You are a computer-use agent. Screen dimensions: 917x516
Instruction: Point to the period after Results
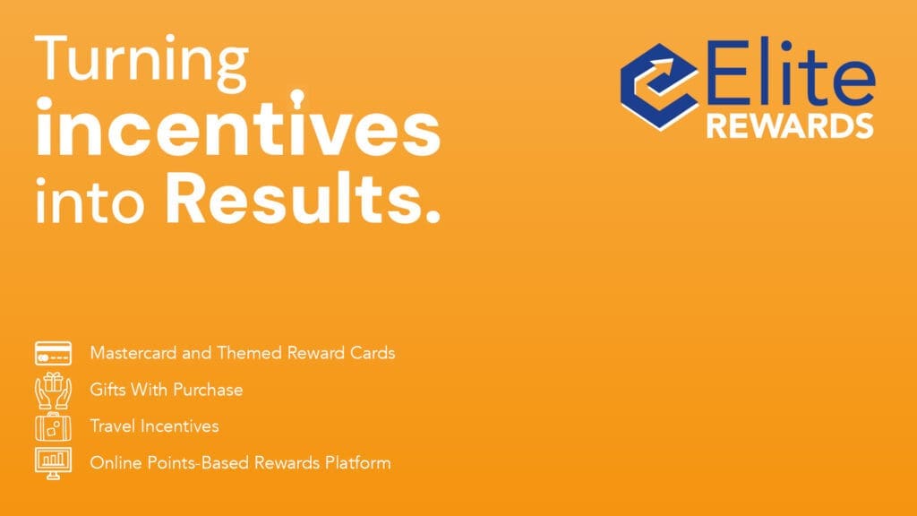pyautogui.click(x=433, y=217)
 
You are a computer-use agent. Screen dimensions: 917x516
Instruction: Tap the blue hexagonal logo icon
pyautogui.click(x=659, y=87)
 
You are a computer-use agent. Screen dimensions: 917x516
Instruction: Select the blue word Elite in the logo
pyautogui.click(x=790, y=73)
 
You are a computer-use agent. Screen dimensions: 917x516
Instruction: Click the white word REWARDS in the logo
pyautogui.click(x=790, y=125)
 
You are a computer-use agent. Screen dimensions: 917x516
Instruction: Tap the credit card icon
pyautogui.click(x=53, y=353)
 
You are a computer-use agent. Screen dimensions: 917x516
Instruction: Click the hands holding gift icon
pyautogui.click(x=53, y=391)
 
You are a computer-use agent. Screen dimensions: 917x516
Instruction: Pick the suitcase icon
pyautogui.click(x=53, y=426)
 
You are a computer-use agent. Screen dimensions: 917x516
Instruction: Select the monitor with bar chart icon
pyautogui.click(x=53, y=463)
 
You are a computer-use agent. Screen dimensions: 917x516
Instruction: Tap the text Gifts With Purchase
pyautogui.click(x=166, y=390)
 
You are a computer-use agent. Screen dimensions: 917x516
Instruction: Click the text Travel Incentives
pyautogui.click(x=154, y=426)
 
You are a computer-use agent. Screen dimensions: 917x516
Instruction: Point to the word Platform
pyautogui.click(x=358, y=463)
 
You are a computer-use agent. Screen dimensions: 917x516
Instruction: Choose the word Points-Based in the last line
pyautogui.click(x=198, y=463)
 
